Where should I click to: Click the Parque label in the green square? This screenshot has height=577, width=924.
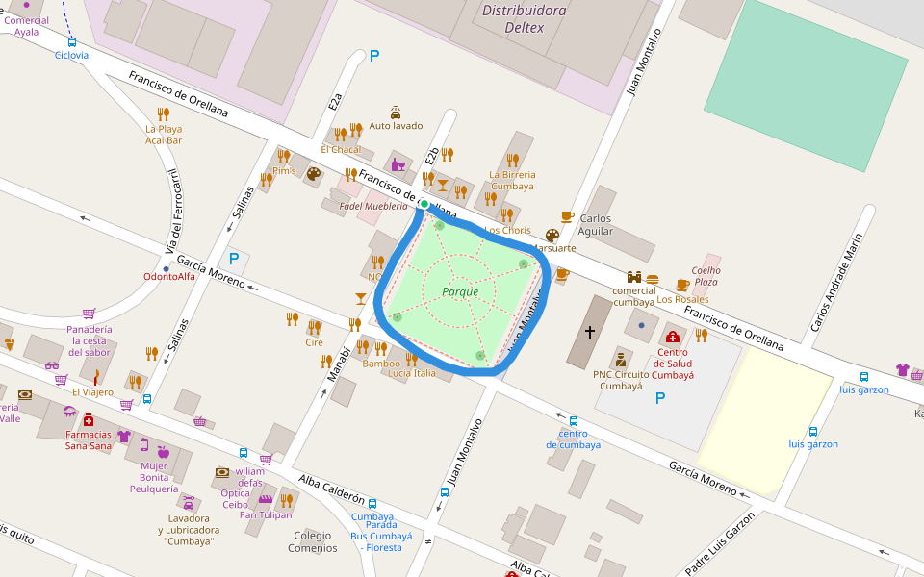click(x=460, y=291)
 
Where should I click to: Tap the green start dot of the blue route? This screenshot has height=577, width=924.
click(x=423, y=204)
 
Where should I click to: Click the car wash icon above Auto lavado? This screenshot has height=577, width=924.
click(x=396, y=112)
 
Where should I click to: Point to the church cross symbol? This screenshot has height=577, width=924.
click(x=589, y=332)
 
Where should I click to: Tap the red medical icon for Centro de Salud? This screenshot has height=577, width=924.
click(x=673, y=336)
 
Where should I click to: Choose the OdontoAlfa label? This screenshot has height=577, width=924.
click(x=168, y=277)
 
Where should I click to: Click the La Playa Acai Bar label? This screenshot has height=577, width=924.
click(x=164, y=135)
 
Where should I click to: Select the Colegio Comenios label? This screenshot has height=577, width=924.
click(x=313, y=541)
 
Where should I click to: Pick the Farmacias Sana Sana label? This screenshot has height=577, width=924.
click(x=89, y=439)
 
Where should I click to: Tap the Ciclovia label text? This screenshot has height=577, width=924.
click(x=71, y=55)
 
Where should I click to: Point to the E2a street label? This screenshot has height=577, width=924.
click(x=335, y=100)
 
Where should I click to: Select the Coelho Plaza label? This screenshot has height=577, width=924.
click(x=706, y=276)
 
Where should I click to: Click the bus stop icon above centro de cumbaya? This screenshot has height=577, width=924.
click(x=574, y=420)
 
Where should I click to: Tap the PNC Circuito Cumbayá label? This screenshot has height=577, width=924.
click(x=621, y=380)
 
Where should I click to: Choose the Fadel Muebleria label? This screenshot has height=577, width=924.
click(x=373, y=207)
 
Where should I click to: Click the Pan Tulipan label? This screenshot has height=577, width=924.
click(x=266, y=514)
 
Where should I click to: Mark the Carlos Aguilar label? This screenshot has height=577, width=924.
click(x=596, y=225)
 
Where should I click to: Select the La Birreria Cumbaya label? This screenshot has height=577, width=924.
click(x=512, y=180)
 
